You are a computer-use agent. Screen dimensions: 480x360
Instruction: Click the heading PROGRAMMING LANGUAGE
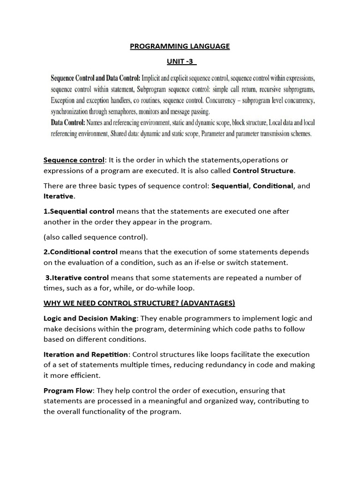point(180,46)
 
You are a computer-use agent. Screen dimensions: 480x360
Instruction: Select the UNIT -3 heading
point(180,61)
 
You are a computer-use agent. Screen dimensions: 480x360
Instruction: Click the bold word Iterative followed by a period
point(59,196)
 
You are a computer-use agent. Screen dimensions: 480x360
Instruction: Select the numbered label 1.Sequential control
point(79,211)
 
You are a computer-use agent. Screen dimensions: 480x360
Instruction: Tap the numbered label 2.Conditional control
point(81,252)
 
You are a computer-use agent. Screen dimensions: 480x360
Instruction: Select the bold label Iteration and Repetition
point(85,354)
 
